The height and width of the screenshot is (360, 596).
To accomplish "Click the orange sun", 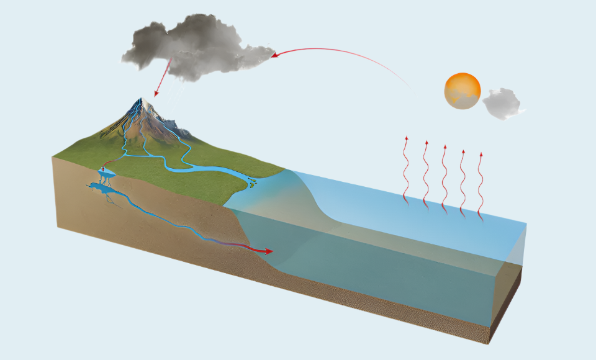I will pyautogui.click(x=463, y=91).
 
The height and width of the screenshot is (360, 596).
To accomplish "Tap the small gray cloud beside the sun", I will pyautogui.click(x=502, y=104).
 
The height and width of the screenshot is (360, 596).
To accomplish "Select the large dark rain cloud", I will pyautogui.click(x=186, y=47).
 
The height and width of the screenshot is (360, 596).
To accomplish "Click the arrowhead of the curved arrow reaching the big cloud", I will pyautogui.click(x=274, y=55).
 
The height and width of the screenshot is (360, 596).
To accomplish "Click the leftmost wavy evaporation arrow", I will pyautogui.click(x=407, y=168).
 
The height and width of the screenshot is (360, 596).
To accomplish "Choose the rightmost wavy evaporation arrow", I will pyautogui.click(x=481, y=186).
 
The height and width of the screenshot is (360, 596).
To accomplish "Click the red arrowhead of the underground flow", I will pyautogui.click(x=268, y=251).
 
